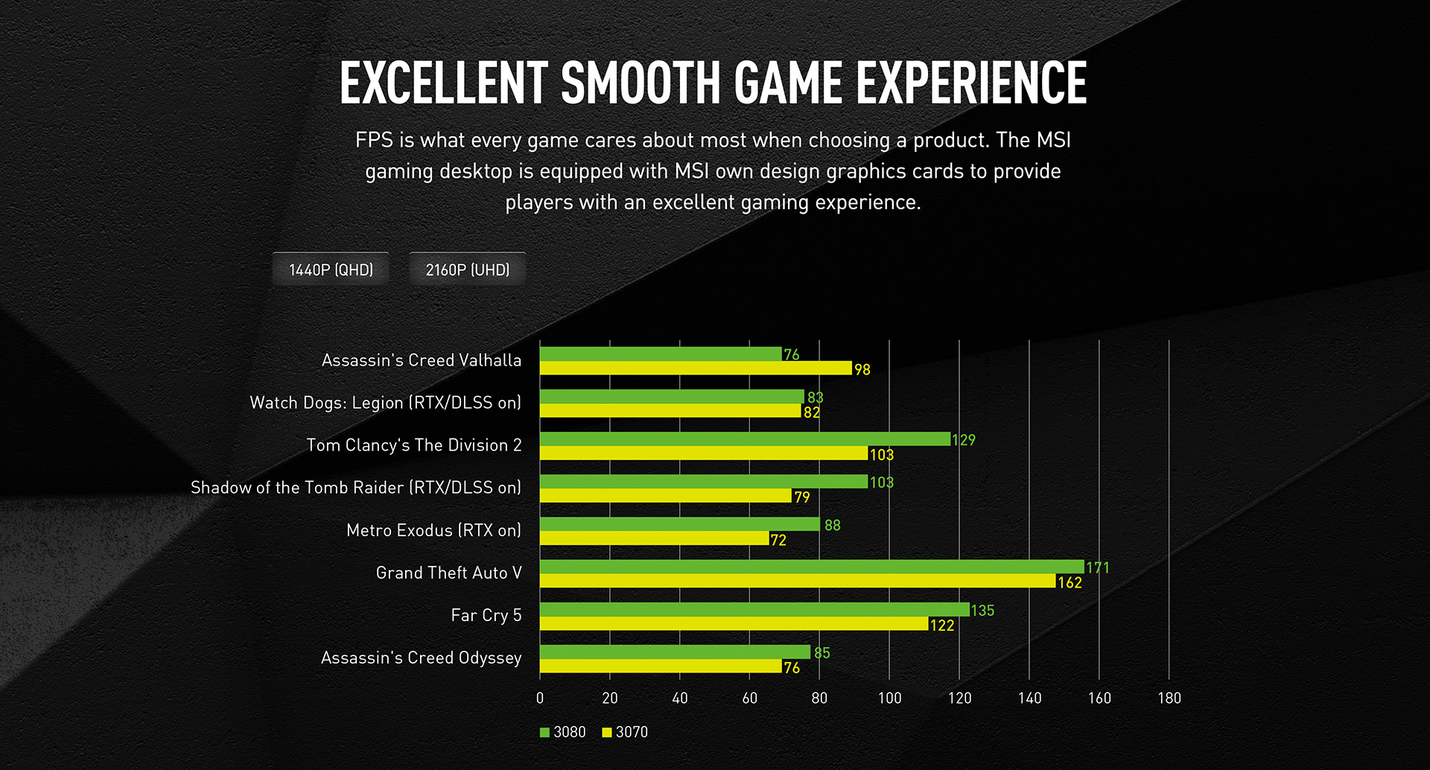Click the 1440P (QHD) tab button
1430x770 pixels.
(x=331, y=270)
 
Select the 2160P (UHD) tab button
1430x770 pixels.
(x=468, y=270)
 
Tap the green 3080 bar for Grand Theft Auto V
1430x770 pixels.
(x=812, y=567)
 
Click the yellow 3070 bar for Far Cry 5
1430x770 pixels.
(x=734, y=624)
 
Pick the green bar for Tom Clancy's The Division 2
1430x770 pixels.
(x=745, y=439)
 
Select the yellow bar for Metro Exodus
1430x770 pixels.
(x=654, y=538)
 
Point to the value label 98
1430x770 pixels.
(x=862, y=369)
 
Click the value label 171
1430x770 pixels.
(x=1098, y=568)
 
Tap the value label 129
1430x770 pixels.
(x=964, y=440)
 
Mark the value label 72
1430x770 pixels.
(x=778, y=540)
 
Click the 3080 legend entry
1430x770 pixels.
(x=563, y=732)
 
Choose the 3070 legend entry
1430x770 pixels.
(x=626, y=732)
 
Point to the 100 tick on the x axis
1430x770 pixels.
(x=889, y=698)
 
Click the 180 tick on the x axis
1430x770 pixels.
(x=1169, y=698)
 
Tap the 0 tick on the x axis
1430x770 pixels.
(x=540, y=698)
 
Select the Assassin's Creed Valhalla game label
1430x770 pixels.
(x=422, y=360)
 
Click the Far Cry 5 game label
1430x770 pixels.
(x=486, y=615)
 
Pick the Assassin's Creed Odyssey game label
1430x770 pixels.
(x=422, y=658)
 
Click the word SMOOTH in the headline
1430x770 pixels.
(x=641, y=83)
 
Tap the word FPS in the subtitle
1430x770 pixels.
(x=374, y=140)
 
